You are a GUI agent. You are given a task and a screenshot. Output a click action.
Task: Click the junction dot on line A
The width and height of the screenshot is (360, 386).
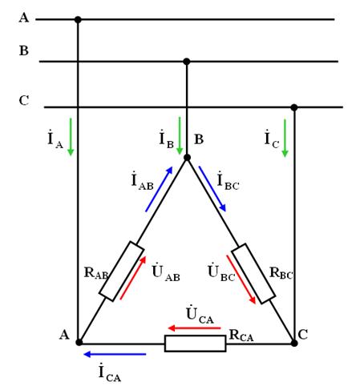[78, 19]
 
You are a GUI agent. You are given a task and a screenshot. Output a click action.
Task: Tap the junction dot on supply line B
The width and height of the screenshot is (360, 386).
[187, 62]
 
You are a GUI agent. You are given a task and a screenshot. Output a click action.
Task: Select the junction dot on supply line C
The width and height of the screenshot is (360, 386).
[294, 107]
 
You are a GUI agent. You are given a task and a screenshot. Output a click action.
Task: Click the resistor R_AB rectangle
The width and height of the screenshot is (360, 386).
[122, 271]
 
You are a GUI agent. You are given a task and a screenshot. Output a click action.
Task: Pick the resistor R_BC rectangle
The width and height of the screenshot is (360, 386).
[253, 273]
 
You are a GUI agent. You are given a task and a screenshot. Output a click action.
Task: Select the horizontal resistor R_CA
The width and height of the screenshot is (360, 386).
[195, 344]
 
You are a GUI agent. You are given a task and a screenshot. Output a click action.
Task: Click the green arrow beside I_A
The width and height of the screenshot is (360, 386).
[71, 137]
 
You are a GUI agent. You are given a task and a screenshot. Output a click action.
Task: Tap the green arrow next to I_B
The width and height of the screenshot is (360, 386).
[180, 135]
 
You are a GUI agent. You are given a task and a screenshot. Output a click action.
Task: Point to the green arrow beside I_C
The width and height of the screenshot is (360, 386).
[285, 138]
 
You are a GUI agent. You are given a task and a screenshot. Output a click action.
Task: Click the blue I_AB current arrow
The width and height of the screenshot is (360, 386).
[159, 189]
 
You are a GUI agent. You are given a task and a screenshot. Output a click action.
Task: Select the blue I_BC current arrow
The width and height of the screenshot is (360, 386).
[212, 189]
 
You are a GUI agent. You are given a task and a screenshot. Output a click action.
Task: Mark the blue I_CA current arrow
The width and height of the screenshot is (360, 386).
[115, 354]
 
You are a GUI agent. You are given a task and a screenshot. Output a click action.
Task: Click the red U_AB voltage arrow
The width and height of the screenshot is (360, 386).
[133, 278]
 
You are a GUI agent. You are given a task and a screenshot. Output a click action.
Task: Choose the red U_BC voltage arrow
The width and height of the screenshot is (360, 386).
[241, 279]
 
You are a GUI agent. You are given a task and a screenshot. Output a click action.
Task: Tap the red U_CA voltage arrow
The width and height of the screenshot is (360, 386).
[194, 328]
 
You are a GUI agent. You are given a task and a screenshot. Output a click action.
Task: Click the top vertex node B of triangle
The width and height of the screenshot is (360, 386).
[187, 158]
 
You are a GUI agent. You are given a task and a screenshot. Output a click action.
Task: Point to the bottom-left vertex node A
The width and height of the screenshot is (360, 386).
[79, 342]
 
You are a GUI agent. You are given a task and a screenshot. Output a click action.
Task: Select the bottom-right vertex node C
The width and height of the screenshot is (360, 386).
[294, 343]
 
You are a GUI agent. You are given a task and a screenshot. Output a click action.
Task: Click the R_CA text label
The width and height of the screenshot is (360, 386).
[241, 336]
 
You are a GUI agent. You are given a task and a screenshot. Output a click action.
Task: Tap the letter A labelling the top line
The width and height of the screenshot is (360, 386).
[24, 18]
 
